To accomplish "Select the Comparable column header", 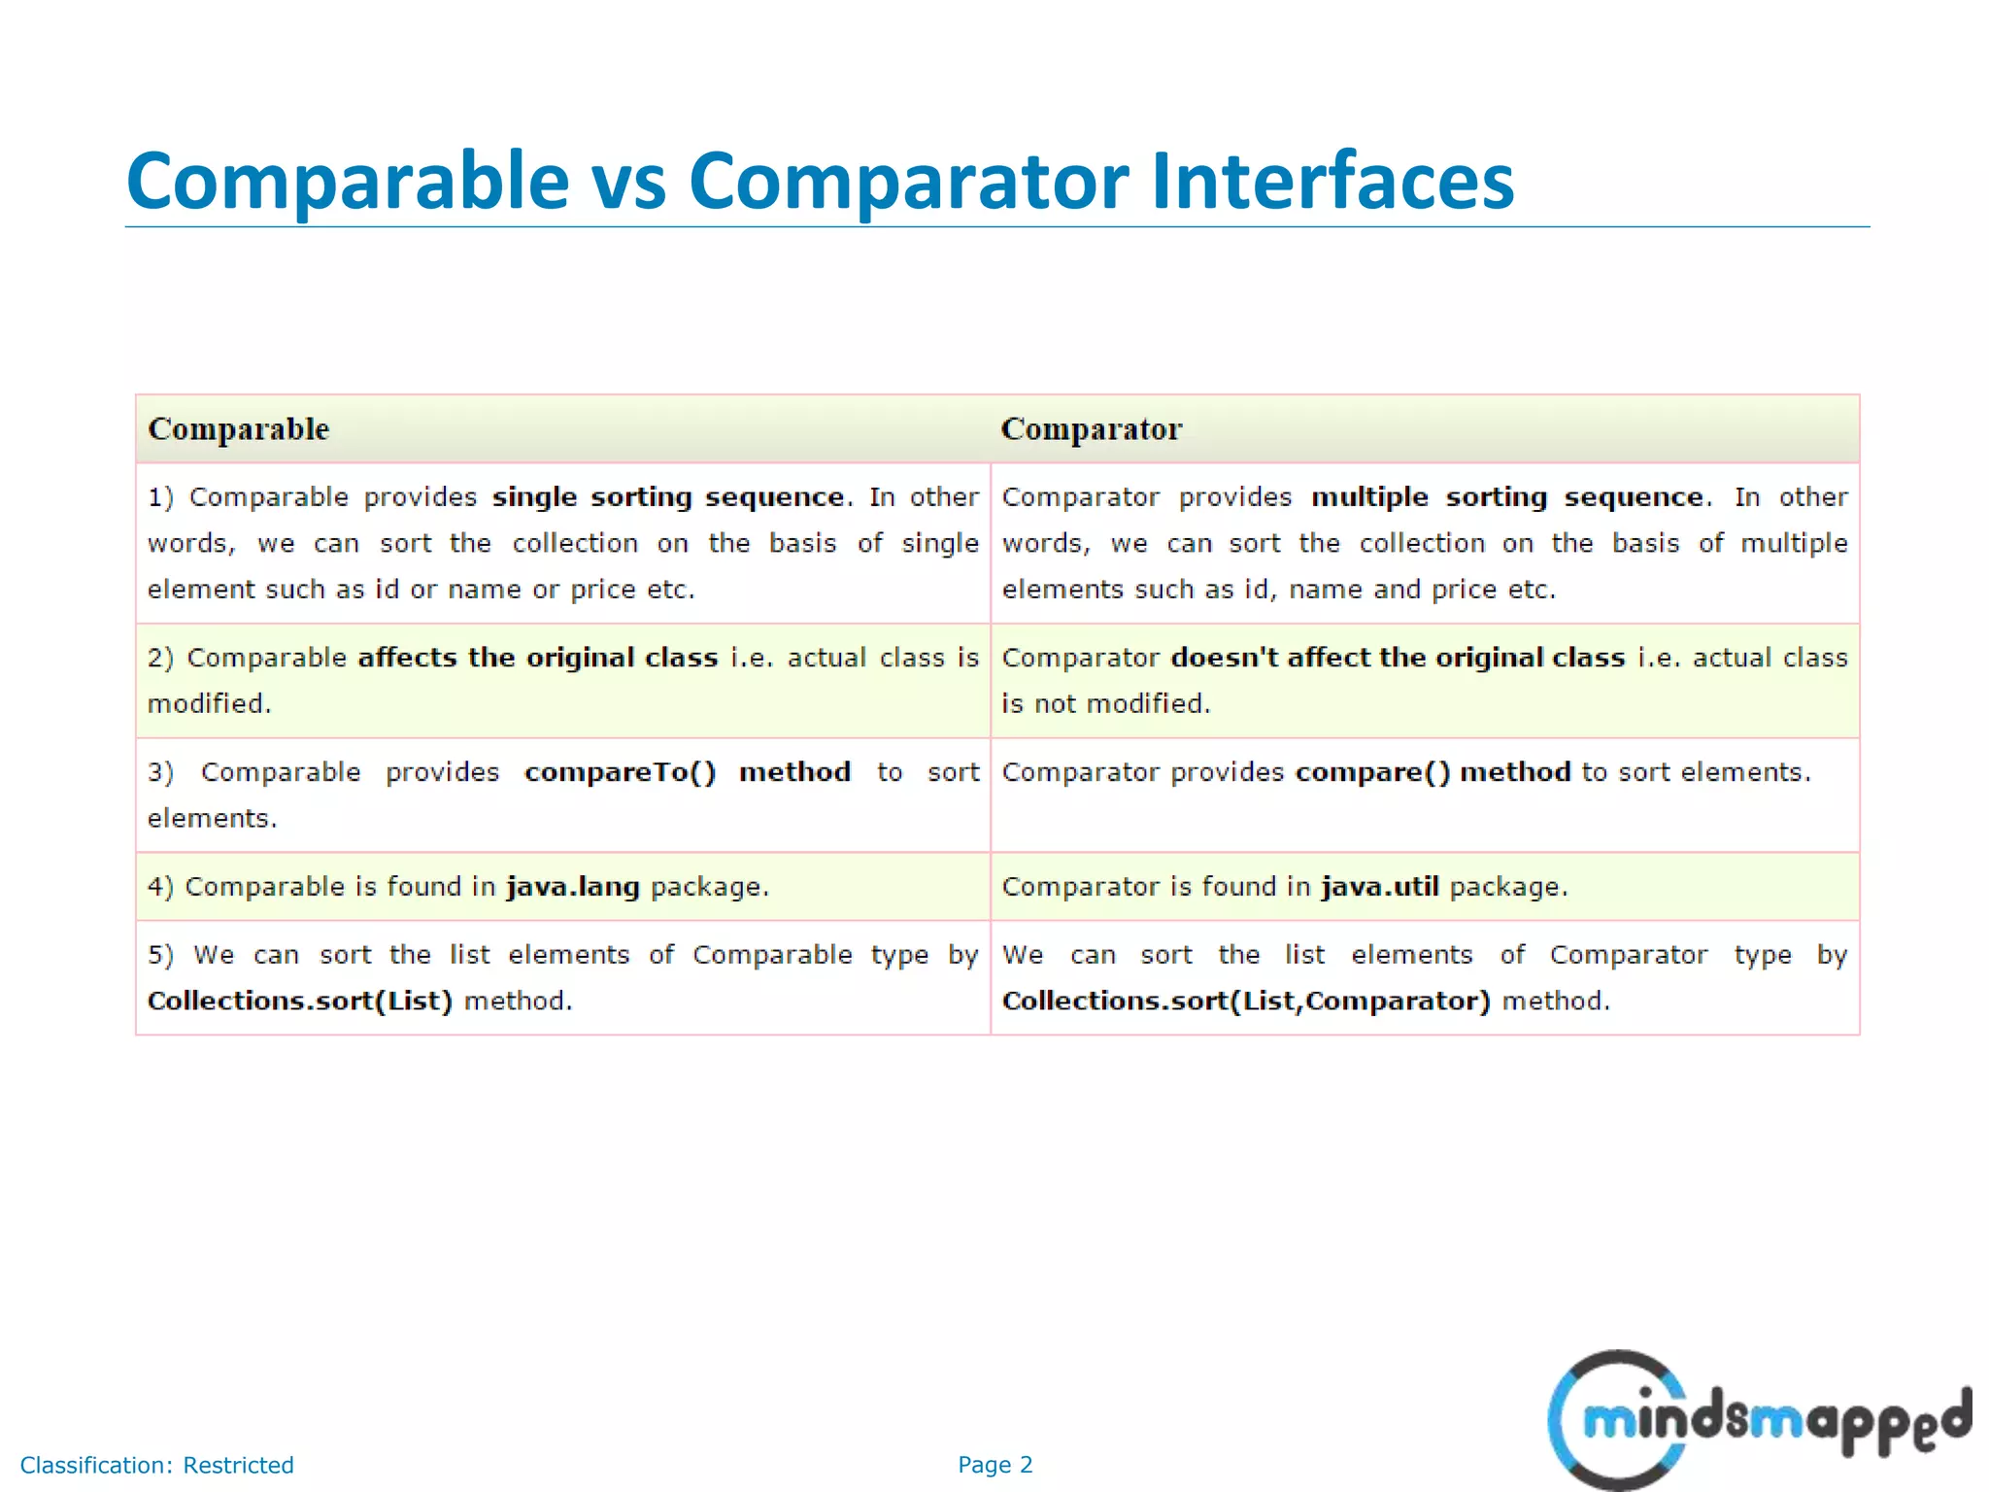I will [x=239, y=429].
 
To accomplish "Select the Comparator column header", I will [x=1092, y=429].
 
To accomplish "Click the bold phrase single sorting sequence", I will [x=668, y=497].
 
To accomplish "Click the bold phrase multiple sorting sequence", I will [x=1506, y=497].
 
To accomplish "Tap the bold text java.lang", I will [x=573, y=887].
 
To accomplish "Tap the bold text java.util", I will [x=1379, y=887].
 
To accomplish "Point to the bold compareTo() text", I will [x=620, y=772].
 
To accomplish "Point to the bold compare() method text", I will [x=1433, y=772].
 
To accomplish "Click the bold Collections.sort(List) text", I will [x=300, y=1001].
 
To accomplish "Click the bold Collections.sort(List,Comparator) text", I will [x=1246, y=1001].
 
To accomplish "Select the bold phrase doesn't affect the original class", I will [x=1398, y=658].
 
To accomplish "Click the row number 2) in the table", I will [x=160, y=659].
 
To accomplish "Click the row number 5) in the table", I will [x=160, y=955].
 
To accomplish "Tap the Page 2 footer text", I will [x=994, y=1465].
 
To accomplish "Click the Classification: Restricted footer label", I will [x=156, y=1465].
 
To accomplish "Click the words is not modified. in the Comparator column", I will [x=1106, y=704].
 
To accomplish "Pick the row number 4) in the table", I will [x=160, y=887].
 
